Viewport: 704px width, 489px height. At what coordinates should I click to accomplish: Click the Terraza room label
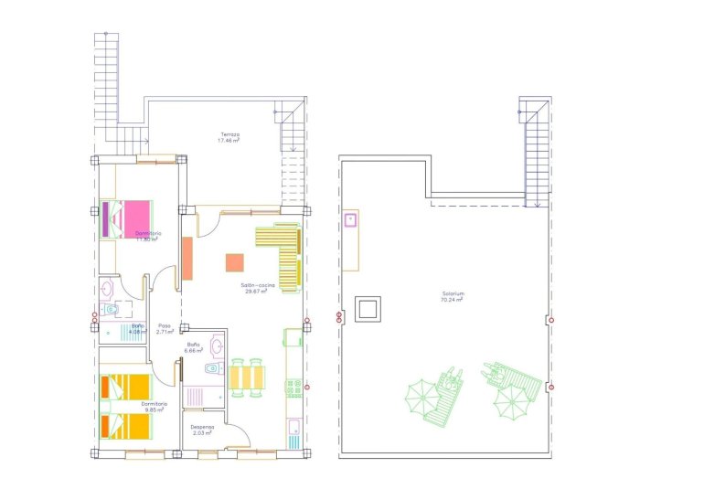(x=229, y=137)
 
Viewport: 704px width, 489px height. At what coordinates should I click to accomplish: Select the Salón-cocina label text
(x=259, y=288)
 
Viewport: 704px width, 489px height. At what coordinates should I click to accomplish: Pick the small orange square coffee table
(x=235, y=262)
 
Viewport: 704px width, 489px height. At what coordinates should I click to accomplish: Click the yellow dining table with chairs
(x=247, y=377)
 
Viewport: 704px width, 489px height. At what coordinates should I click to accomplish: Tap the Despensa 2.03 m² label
(x=202, y=430)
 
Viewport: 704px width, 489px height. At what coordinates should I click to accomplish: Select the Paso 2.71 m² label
(x=165, y=329)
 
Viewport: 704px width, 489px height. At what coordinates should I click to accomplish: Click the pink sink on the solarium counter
(x=350, y=219)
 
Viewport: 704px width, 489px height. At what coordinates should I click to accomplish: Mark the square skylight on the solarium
(x=369, y=308)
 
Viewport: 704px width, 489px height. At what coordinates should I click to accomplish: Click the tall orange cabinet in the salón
(x=187, y=258)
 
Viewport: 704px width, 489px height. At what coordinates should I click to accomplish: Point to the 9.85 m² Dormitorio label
(x=154, y=407)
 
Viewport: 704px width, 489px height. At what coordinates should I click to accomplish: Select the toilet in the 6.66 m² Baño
(x=212, y=368)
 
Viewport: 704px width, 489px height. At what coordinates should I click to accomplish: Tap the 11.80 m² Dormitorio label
(x=148, y=237)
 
